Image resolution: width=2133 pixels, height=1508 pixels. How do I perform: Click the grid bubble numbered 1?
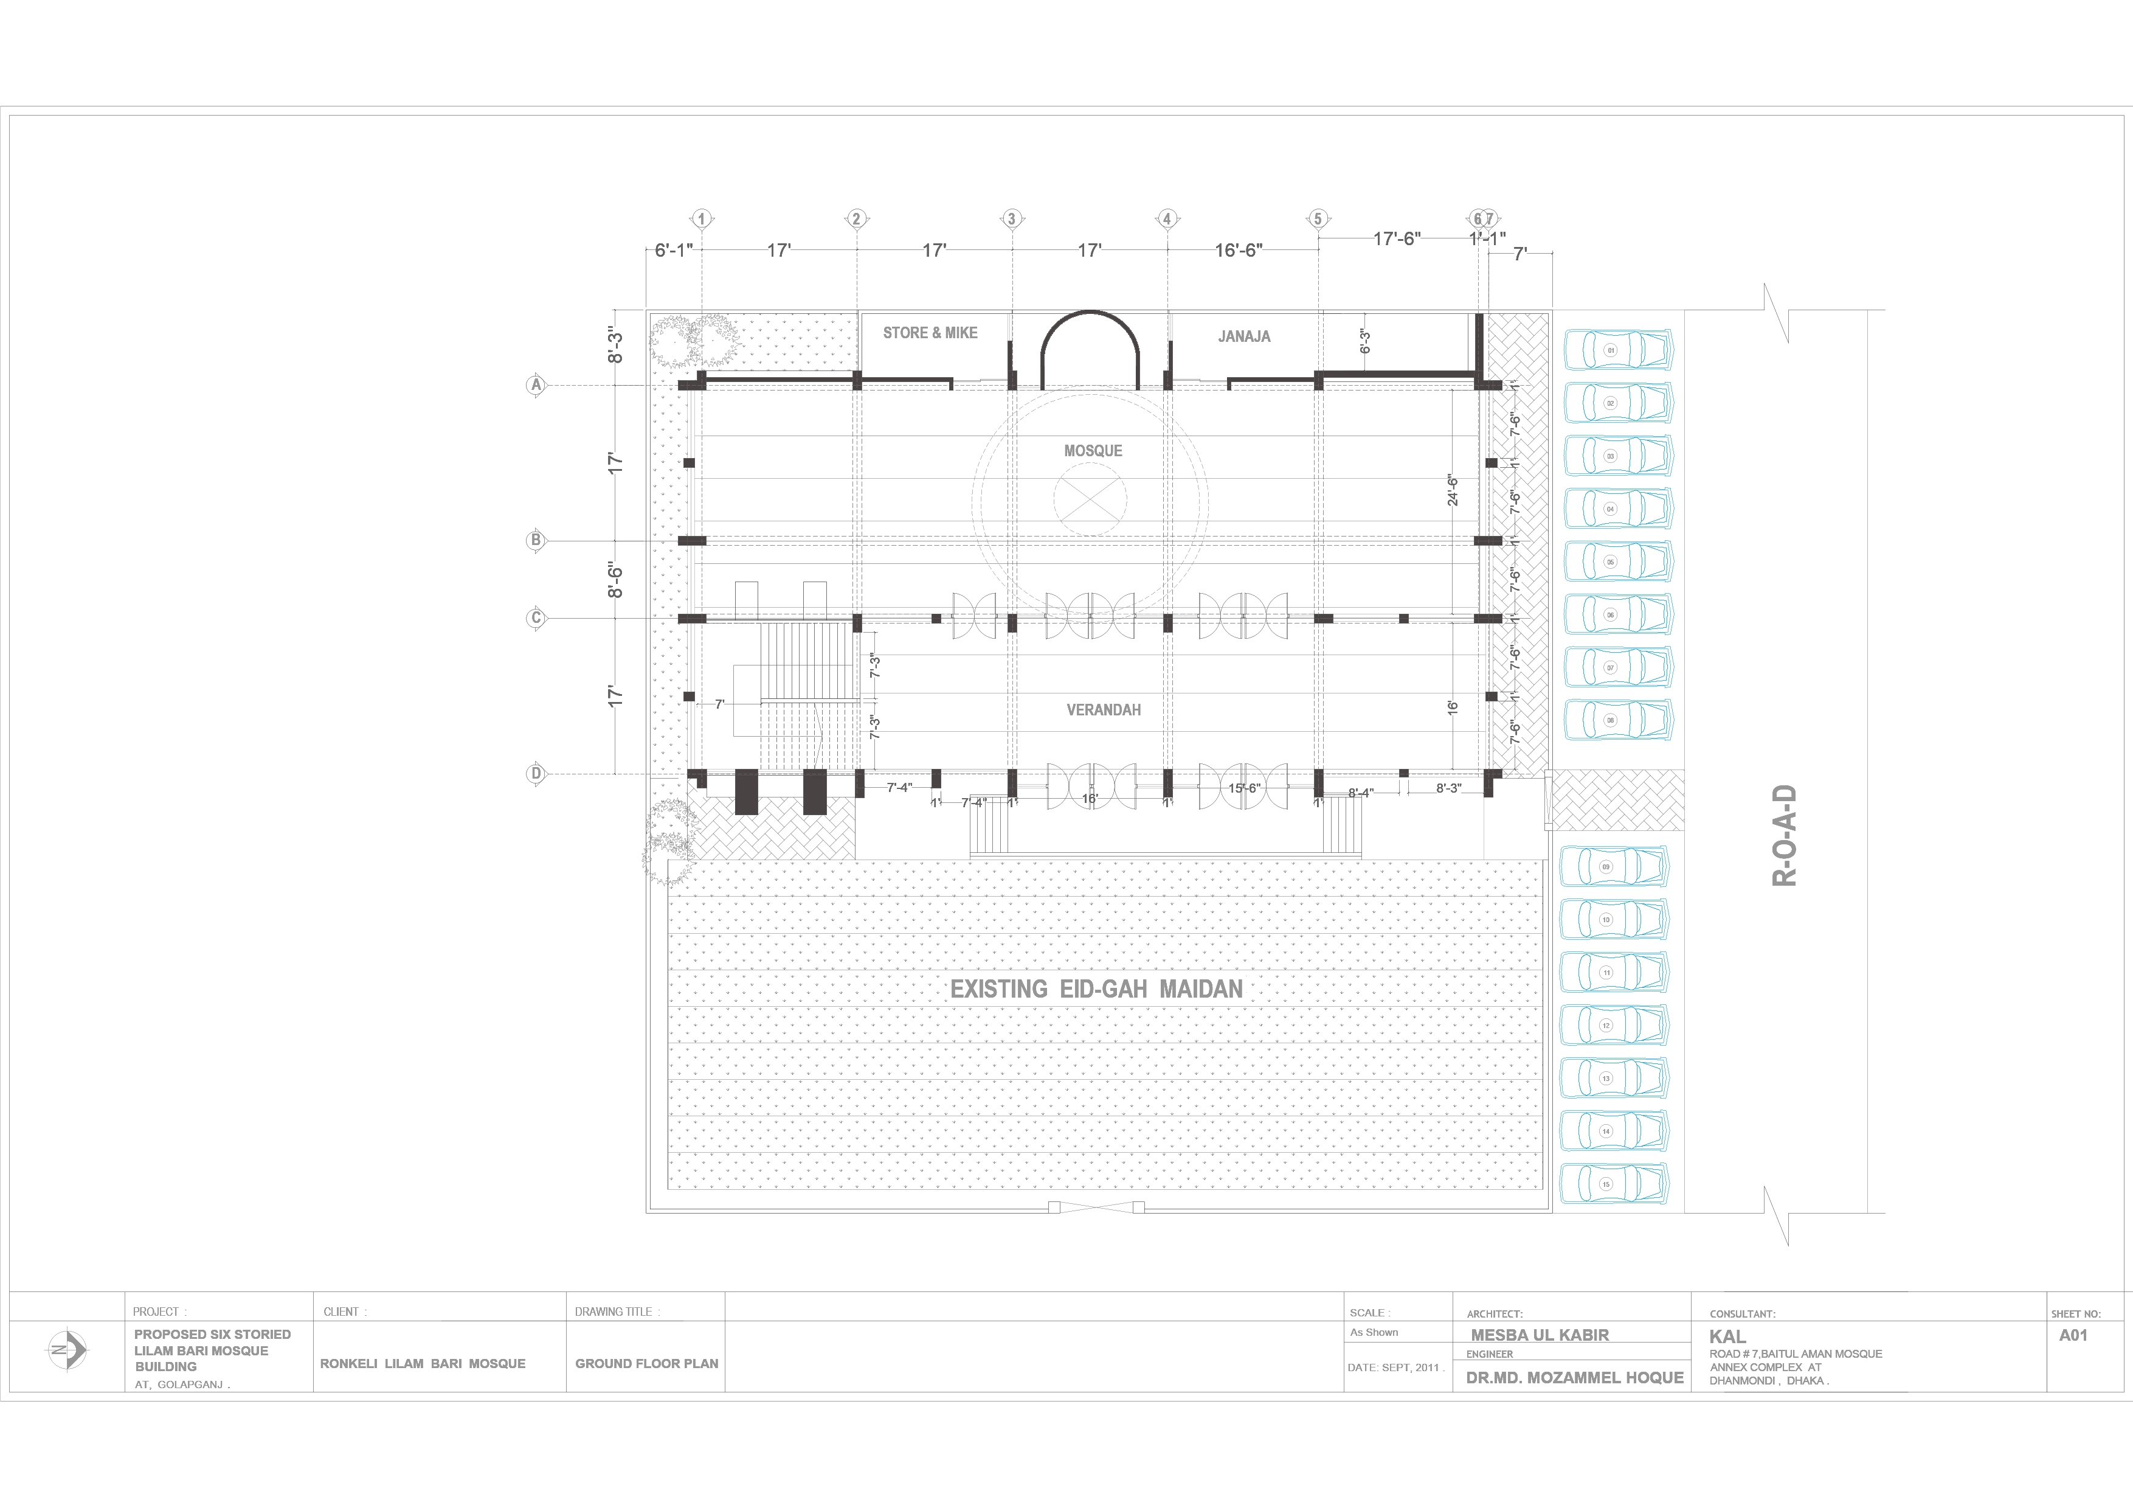[x=702, y=219]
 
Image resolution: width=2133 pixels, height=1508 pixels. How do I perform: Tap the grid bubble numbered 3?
[x=1012, y=219]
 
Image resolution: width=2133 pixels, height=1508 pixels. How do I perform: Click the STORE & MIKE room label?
[x=930, y=333]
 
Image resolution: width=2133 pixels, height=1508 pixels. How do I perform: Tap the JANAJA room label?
[x=1244, y=336]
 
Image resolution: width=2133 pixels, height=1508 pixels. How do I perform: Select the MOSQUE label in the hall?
[x=1093, y=451]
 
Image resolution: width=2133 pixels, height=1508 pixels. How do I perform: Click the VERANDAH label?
[x=1103, y=710]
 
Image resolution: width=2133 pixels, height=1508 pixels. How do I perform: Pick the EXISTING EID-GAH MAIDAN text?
[x=1096, y=990]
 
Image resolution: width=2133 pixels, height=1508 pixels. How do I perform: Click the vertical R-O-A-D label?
[x=1785, y=836]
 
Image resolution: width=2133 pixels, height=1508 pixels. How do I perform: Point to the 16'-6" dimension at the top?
[x=1239, y=251]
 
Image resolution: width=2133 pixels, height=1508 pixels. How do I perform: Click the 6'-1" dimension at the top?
[x=674, y=251]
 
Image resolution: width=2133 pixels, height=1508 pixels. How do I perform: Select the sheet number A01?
[x=2073, y=1335]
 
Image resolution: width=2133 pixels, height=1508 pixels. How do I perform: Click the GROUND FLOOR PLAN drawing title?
[x=646, y=1363]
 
